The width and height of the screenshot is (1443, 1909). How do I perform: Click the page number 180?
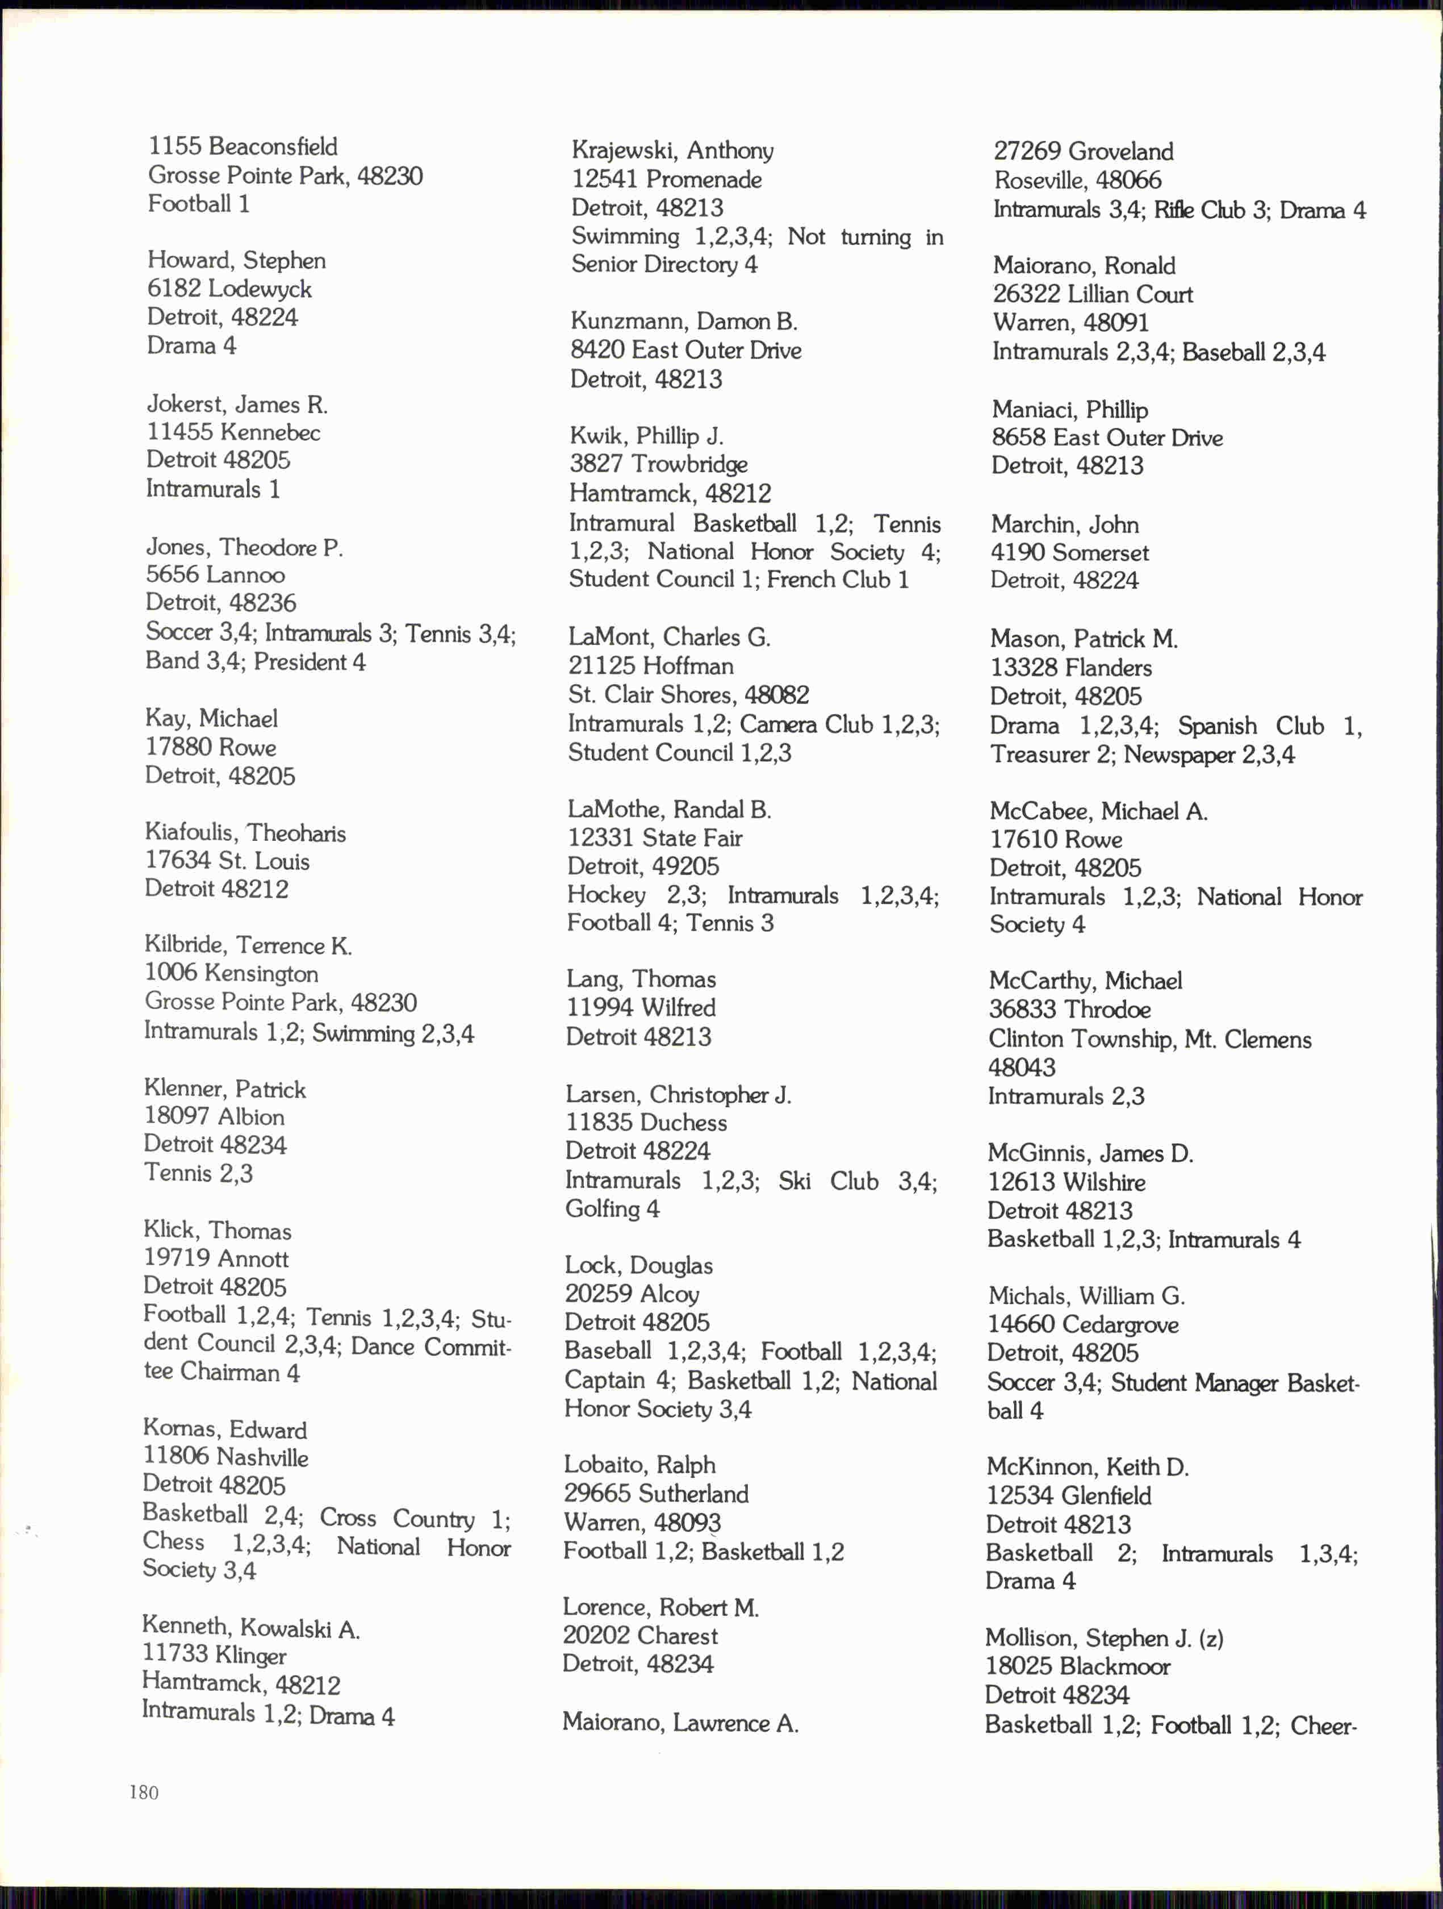144,1793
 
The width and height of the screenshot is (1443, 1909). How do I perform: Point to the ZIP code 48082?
776,695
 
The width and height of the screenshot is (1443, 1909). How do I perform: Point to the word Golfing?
602,1209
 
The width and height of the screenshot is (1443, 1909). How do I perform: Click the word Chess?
173,1541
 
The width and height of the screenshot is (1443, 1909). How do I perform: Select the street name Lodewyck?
259,289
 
